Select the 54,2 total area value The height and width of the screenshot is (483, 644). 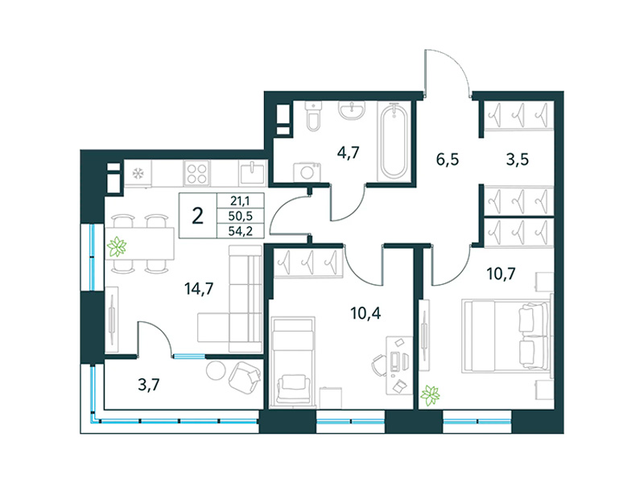[240, 231]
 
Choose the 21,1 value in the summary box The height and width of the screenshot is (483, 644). [240, 201]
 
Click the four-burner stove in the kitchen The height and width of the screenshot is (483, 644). [197, 172]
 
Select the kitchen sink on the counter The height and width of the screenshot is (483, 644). [251, 173]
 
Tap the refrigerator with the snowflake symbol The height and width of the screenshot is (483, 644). [137, 173]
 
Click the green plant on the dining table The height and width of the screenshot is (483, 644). [120, 246]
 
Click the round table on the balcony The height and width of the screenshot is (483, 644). [215, 370]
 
